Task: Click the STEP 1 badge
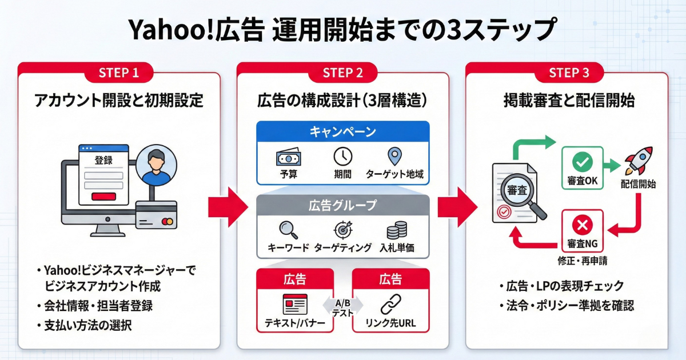(119, 73)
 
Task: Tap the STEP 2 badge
(343, 73)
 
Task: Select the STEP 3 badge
(568, 73)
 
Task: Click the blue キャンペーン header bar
(343, 132)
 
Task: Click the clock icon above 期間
(343, 157)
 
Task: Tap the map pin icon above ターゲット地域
(394, 157)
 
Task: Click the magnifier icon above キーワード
(288, 230)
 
